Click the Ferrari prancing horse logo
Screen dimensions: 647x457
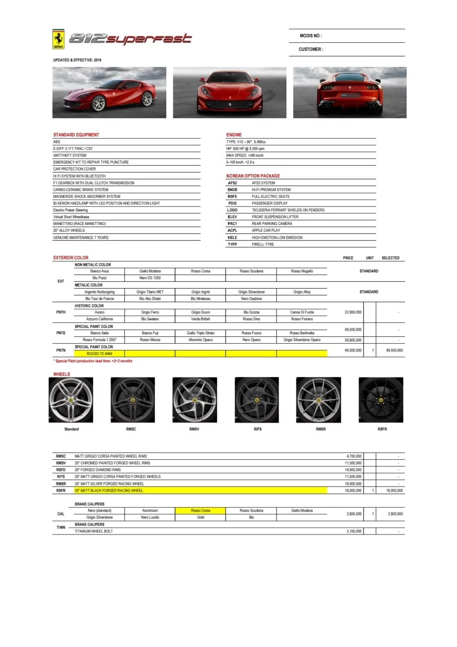[59, 39]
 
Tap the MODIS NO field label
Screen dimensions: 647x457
[311, 36]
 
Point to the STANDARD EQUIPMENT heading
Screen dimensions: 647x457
[76, 135]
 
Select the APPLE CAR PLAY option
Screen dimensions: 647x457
[266, 231]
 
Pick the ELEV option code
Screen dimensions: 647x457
[232, 217]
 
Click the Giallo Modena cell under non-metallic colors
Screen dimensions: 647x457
[150, 271]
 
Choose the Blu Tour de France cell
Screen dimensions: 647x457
[99, 299]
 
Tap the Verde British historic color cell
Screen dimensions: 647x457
[200, 319]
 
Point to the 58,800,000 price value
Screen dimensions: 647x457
[351, 340]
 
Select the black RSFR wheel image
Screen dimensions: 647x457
[381, 400]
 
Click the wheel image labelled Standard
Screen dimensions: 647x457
[71, 400]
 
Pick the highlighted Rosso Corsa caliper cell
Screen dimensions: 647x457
[200, 510]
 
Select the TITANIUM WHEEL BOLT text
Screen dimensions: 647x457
[94, 531]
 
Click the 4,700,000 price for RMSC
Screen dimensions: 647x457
[354, 457]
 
